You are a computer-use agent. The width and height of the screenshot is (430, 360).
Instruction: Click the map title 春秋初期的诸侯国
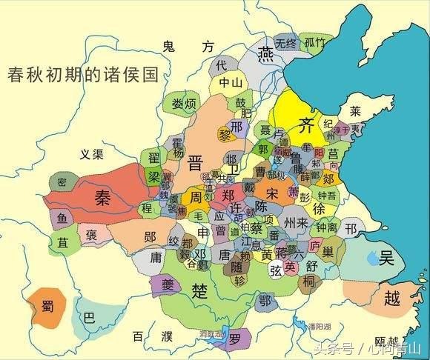(83, 75)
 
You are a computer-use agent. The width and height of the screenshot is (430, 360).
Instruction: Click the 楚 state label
(198, 288)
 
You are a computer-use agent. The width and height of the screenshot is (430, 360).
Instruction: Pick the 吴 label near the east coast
(386, 258)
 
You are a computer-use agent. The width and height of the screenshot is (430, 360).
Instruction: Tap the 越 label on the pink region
(392, 299)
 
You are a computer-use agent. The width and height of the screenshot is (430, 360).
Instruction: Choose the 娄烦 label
(183, 103)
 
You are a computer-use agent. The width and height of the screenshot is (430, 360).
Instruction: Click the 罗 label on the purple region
(235, 341)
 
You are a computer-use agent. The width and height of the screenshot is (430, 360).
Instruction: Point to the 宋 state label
(274, 194)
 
